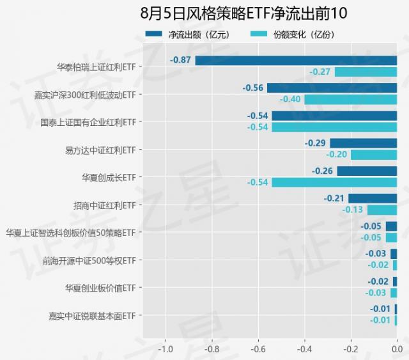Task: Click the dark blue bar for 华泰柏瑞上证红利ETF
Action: (x=296, y=60)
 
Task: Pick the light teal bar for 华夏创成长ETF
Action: (x=334, y=182)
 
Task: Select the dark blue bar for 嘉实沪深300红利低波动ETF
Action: (x=332, y=88)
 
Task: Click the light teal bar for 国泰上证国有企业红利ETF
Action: (x=334, y=127)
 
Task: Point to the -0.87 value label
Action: (x=181, y=60)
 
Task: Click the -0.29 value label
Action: (x=316, y=143)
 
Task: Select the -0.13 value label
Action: (x=353, y=210)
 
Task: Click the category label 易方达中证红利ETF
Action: (x=100, y=150)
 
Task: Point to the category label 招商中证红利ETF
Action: (x=105, y=205)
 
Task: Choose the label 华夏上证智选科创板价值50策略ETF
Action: (x=70, y=233)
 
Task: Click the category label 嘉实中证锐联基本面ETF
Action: (x=92, y=315)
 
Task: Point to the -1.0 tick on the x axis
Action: (x=166, y=350)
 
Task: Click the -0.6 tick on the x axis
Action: (x=258, y=350)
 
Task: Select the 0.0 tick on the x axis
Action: (x=396, y=350)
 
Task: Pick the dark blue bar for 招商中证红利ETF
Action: (x=373, y=198)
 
